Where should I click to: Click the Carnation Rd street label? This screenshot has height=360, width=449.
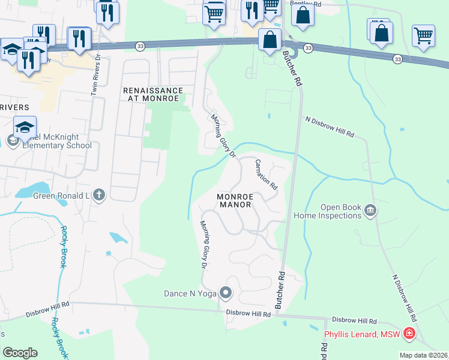(266, 174)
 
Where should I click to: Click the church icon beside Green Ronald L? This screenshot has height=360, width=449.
(99, 194)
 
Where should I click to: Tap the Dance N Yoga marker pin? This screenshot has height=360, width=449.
(226, 293)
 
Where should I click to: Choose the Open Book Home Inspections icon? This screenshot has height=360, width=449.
(370, 210)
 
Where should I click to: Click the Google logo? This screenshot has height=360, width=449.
(20, 353)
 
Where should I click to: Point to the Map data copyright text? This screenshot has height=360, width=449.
(423, 355)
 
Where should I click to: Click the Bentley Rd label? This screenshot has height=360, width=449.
(305, 3)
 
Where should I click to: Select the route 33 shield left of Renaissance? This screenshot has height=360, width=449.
(140, 46)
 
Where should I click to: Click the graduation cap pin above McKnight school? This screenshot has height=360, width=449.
(25, 127)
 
